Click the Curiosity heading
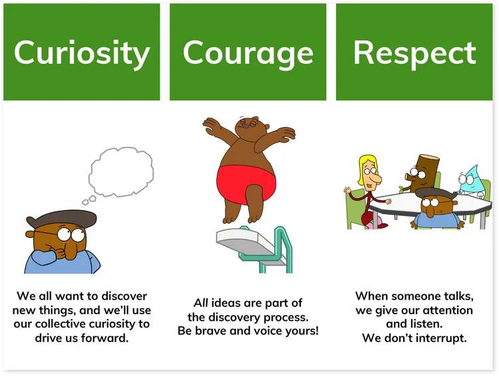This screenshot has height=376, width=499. (82, 53)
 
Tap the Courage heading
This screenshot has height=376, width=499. (248, 53)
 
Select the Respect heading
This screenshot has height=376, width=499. (415, 53)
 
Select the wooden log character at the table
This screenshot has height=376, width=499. (425, 173)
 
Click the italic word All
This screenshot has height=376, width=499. (202, 304)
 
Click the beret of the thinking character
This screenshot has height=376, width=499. (51, 219)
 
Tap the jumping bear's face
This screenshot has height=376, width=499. (249, 125)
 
